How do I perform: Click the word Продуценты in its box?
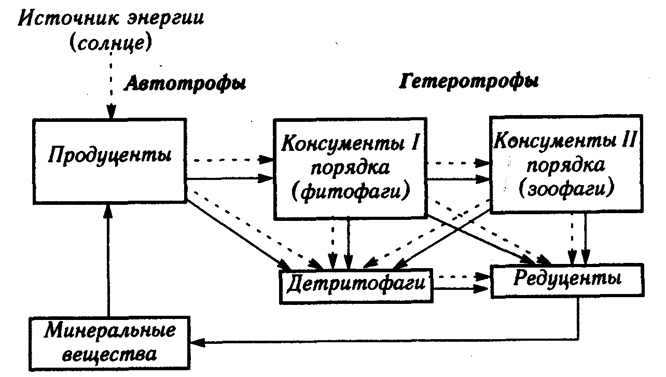(x=110, y=155)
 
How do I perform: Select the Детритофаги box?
(x=356, y=284)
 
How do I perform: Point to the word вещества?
(x=108, y=354)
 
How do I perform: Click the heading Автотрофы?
(x=184, y=83)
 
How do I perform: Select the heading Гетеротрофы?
(x=469, y=82)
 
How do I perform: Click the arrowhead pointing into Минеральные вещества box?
(x=197, y=342)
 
